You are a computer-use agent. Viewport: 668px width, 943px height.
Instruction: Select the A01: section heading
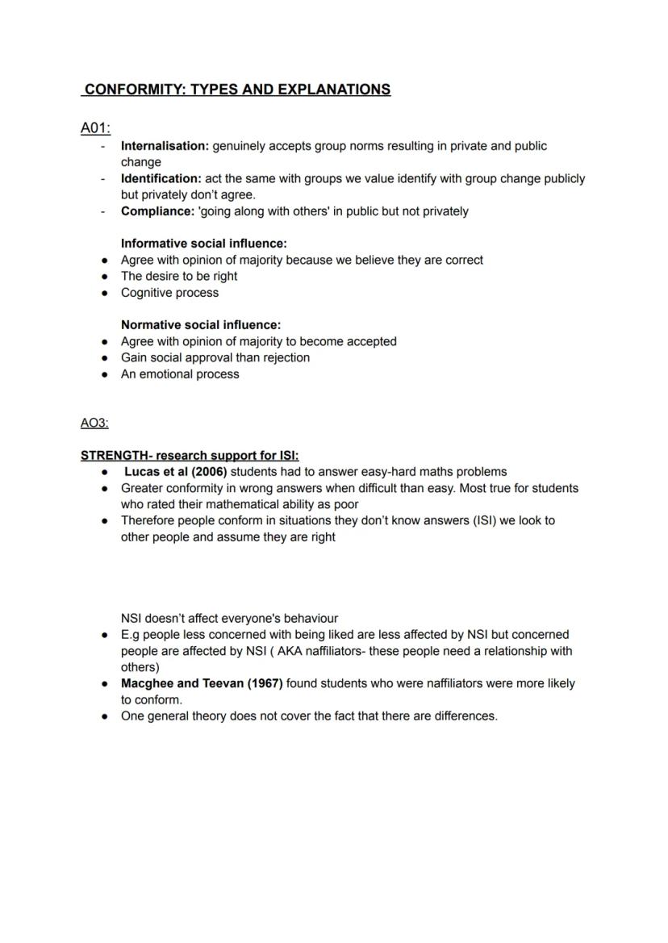(x=95, y=128)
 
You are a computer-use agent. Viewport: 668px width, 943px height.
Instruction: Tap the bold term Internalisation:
(x=165, y=146)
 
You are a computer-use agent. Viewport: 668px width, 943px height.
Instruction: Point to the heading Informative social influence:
(x=204, y=243)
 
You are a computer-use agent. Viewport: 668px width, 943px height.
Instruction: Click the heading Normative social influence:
(x=201, y=324)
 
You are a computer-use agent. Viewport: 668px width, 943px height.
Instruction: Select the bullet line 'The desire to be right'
(x=179, y=276)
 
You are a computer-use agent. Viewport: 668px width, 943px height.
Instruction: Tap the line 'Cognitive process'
(x=169, y=293)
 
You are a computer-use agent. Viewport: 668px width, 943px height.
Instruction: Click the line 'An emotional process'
(x=180, y=373)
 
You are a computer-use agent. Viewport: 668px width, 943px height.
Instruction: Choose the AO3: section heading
(x=94, y=423)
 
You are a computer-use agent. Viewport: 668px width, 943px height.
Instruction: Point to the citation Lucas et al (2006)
(x=175, y=471)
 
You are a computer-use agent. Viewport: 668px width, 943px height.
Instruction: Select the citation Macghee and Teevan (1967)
(x=202, y=683)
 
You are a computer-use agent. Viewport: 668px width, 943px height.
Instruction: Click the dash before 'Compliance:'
(x=102, y=211)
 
